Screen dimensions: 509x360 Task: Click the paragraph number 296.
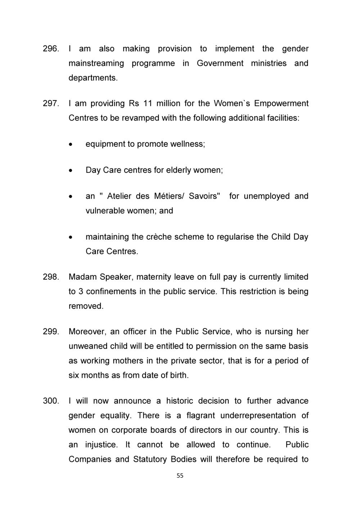click(50, 49)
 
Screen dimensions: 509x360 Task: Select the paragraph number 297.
click(50, 104)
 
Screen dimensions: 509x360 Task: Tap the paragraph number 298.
click(50, 277)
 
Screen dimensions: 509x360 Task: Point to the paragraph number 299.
click(50, 332)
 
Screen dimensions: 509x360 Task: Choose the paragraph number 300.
click(50, 401)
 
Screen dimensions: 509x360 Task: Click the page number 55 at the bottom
click(180, 476)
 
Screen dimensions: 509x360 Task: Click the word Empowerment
click(281, 104)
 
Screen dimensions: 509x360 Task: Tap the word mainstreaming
click(96, 63)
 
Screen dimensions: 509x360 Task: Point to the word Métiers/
click(169, 196)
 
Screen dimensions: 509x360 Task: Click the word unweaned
click(88, 346)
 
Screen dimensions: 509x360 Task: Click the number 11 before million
click(148, 104)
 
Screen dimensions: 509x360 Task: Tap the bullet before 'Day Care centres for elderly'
click(72, 170)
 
